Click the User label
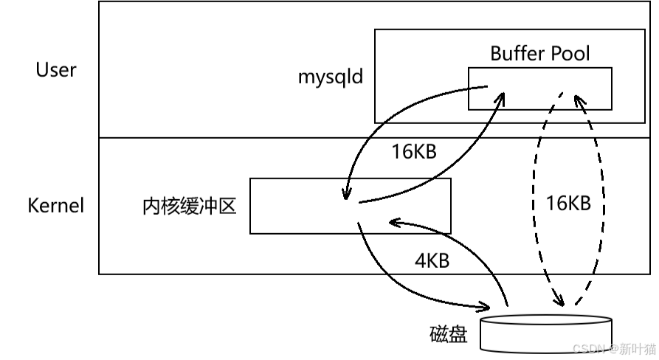(56, 70)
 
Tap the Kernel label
(56, 205)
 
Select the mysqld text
(331, 77)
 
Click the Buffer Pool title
(540, 53)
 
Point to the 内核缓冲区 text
(189, 206)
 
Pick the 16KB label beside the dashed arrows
(567, 203)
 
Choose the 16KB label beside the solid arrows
(414, 152)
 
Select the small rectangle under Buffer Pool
(539, 88)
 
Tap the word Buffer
(516, 53)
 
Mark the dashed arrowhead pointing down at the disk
(559, 301)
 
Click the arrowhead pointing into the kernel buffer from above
(345, 194)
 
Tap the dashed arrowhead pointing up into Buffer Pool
(579, 99)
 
